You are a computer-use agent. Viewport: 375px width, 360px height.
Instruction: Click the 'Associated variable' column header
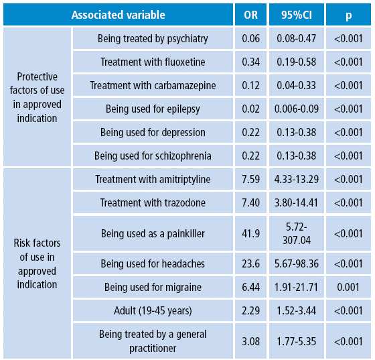point(118,15)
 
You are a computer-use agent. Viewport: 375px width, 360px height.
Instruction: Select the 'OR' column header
point(250,15)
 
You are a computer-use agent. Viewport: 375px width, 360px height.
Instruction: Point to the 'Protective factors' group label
point(37,97)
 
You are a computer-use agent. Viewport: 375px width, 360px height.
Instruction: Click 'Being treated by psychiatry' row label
point(153,39)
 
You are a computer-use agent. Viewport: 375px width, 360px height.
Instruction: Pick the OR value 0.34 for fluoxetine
point(250,62)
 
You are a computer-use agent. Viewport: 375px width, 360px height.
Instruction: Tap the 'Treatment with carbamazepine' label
point(153,86)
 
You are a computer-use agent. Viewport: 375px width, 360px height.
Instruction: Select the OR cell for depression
point(250,133)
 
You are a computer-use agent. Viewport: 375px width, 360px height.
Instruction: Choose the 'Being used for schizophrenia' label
point(153,156)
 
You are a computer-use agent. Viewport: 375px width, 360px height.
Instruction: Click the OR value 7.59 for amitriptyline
point(250,180)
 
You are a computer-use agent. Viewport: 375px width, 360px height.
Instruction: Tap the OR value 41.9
point(250,234)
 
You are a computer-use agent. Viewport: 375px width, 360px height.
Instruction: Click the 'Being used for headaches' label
point(153,264)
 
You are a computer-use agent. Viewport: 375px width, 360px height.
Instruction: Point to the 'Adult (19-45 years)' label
point(153,311)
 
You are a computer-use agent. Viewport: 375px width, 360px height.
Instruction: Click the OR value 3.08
point(250,341)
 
